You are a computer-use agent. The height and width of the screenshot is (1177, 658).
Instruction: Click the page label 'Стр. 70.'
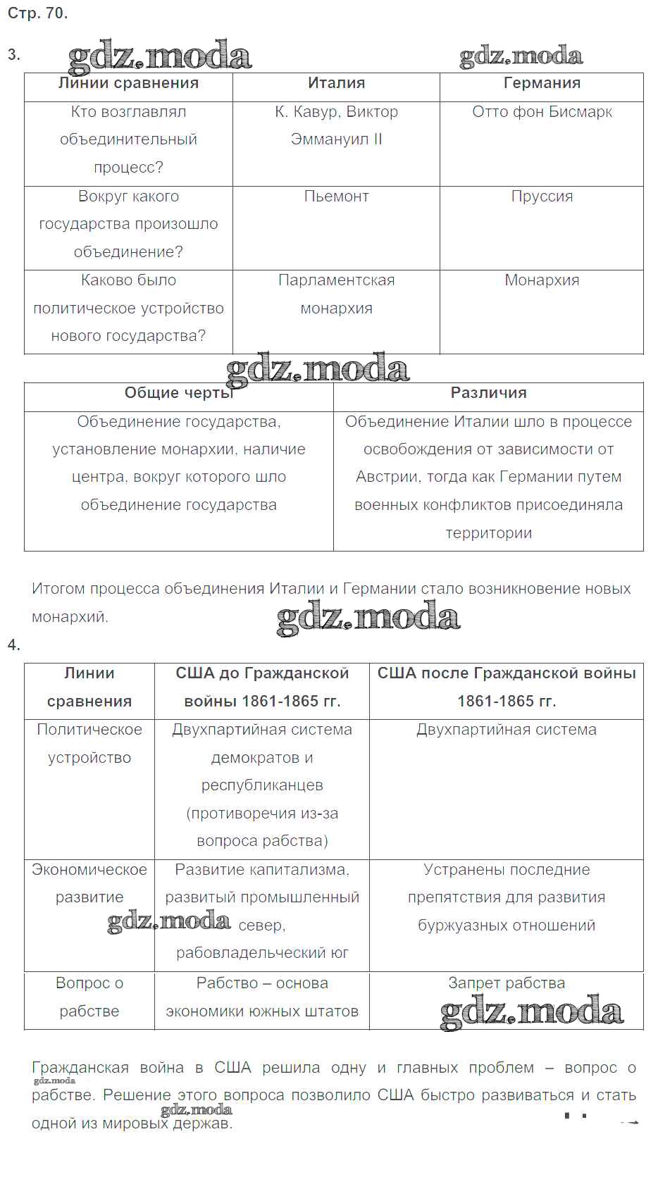[37, 13]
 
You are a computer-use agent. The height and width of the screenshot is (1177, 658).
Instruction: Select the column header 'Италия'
[336, 83]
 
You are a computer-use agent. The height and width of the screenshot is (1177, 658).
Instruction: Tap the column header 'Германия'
[542, 83]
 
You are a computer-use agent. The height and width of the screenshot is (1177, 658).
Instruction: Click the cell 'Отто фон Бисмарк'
[542, 112]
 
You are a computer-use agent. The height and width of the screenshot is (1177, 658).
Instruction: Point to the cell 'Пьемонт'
[336, 197]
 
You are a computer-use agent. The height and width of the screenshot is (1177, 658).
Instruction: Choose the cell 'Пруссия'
[542, 197]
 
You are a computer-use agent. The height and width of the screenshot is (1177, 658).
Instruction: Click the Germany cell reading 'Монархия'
[542, 280]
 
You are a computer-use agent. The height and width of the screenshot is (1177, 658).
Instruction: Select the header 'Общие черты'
[178, 393]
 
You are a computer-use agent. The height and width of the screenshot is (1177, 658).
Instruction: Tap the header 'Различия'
[488, 393]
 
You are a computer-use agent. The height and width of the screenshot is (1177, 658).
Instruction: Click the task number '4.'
[14, 645]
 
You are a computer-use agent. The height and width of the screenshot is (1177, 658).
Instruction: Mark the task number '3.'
[14, 55]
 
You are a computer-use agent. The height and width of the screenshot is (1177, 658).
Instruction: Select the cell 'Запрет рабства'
[506, 983]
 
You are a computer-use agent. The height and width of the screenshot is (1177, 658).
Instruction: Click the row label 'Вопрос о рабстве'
[89, 997]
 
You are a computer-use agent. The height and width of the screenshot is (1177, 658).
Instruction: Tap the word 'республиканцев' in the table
[262, 785]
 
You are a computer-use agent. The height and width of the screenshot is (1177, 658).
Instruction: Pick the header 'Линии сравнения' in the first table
[128, 83]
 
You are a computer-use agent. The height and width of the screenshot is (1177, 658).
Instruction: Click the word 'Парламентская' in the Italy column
[336, 280]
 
